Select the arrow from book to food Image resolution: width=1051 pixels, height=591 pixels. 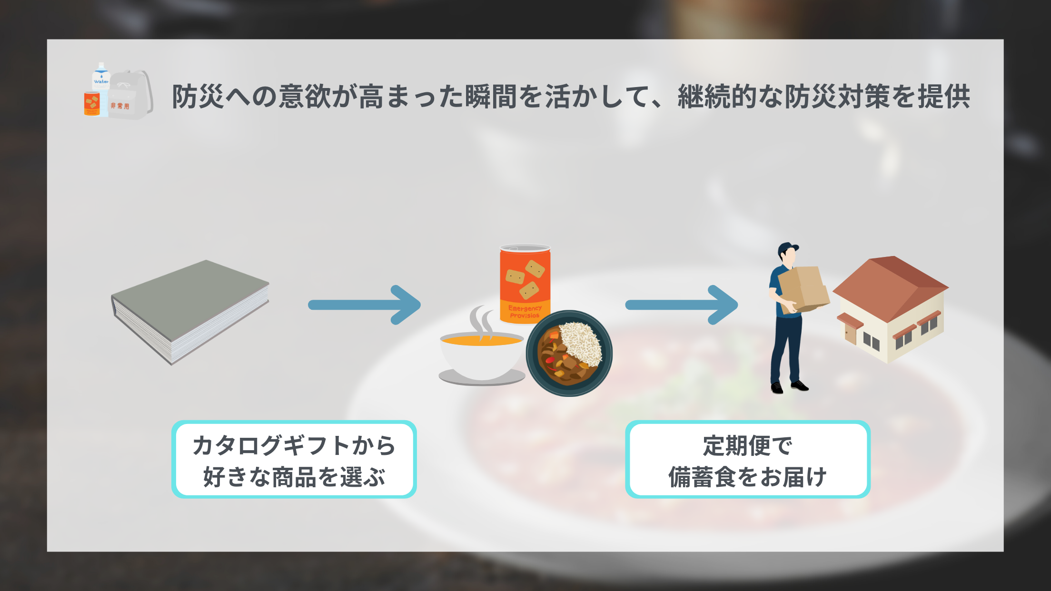364,305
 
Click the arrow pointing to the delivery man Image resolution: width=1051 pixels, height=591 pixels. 681,305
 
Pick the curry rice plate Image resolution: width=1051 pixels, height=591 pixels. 569,354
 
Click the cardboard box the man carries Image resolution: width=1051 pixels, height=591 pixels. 804,288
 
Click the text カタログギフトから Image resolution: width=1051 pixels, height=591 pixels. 294,445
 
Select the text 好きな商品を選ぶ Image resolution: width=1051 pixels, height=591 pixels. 294,477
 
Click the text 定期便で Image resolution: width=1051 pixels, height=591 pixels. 747,445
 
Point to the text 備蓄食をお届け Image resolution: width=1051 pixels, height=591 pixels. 747,477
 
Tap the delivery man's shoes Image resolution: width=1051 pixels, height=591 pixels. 790,386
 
